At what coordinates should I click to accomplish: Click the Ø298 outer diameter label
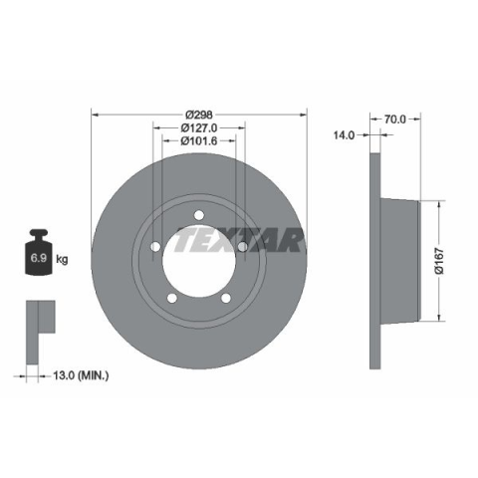tap(199, 115)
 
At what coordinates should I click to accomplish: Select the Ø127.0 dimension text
tap(199, 127)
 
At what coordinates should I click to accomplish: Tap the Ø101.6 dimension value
tap(199, 141)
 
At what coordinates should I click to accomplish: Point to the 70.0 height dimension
tap(394, 119)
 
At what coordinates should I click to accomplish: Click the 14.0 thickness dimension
tap(345, 135)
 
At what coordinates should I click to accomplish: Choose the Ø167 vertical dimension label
tap(439, 261)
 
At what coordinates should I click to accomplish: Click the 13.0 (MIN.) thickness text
tap(81, 375)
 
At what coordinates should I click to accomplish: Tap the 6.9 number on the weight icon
tap(39, 258)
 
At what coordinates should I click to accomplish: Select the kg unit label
tap(62, 259)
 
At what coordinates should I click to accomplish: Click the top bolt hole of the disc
tap(199, 215)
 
